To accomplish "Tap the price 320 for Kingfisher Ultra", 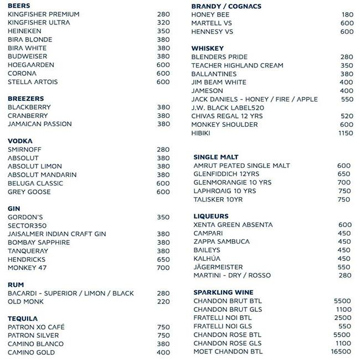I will tap(163, 23).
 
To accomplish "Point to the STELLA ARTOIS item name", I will tap(33, 82).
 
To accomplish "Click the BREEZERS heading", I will tap(25, 99).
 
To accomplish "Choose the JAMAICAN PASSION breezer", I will tap(40, 124).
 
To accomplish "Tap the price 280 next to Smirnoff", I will tap(163, 150).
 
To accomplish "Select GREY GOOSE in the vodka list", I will tap(29, 192).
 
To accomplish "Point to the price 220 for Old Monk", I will tap(163, 302).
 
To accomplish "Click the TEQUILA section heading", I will tap(23, 319).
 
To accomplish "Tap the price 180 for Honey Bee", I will tap(347, 15).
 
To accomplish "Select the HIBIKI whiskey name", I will tap(202, 133).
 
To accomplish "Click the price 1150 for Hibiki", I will tap(346, 133).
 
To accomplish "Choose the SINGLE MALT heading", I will tap(215, 157).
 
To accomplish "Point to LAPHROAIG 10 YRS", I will tap(225, 191).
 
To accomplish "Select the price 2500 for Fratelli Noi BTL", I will tap(343, 318).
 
